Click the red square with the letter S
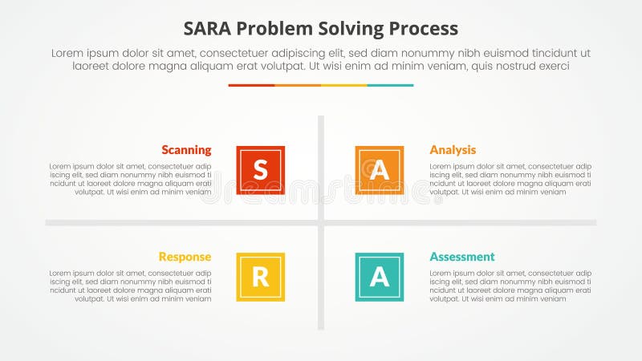pyautogui.click(x=260, y=170)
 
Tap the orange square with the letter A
pyautogui.click(x=379, y=170)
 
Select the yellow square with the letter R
pyautogui.click(x=260, y=277)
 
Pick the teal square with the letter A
pyautogui.click(x=379, y=277)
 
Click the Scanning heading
pyautogui.click(x=186, y=150)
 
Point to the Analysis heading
pyautogui.click(x=453, y=150)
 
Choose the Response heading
pyautogui.click(x=185, y=257)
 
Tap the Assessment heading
pyautogui.click(x=462, y=257)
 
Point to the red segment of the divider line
pyautogui.click(x=251, y=85)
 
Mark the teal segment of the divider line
pyautogui.click(x=391, y=85)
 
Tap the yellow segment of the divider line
pyautogui.click(x=344, y=85)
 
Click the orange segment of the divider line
pyautogui.click(x=298, y=85)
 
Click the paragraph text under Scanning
pyautogui.click(x=131, y=179)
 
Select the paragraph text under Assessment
pyautogui.click(x=510, y=286)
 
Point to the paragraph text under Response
pyautogui.click(x=131, y=286)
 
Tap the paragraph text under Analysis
pyautogui.click(x=510, y=179)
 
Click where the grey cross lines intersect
pyautogui.click(x=321, y=222)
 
